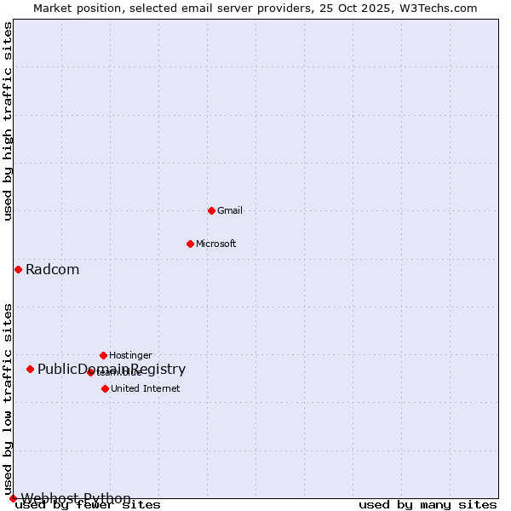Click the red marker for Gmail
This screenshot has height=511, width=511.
(x=211, y=210)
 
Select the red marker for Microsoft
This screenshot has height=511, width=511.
(x=190, y=244)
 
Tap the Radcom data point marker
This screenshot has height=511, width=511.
(x=18, y=269)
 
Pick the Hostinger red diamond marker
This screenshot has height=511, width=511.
(x=103, y=355)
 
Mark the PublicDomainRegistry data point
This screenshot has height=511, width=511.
(x=30, y=369)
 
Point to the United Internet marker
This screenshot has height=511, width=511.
(x=105, y=388)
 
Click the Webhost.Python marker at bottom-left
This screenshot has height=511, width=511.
(x=13, y=498)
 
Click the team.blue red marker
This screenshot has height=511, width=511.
(x=90, y=372)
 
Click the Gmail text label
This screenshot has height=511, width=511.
(x=230, y=210)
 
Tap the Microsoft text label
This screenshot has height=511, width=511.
(x=216, y=244)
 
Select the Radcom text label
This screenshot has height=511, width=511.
(x=52, y=270)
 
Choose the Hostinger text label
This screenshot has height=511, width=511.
(x=130, y=355)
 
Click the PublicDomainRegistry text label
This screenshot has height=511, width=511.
(x=112, y=369)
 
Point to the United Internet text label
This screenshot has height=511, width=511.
(x=146, y=388)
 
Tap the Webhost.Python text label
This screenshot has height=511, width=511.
(x=76, y=498)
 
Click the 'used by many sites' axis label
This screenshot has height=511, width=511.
(x=428, y=505)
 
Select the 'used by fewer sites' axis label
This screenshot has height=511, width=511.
(x=89, y=505)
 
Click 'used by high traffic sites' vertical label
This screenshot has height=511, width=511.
(x=8, y=121)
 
